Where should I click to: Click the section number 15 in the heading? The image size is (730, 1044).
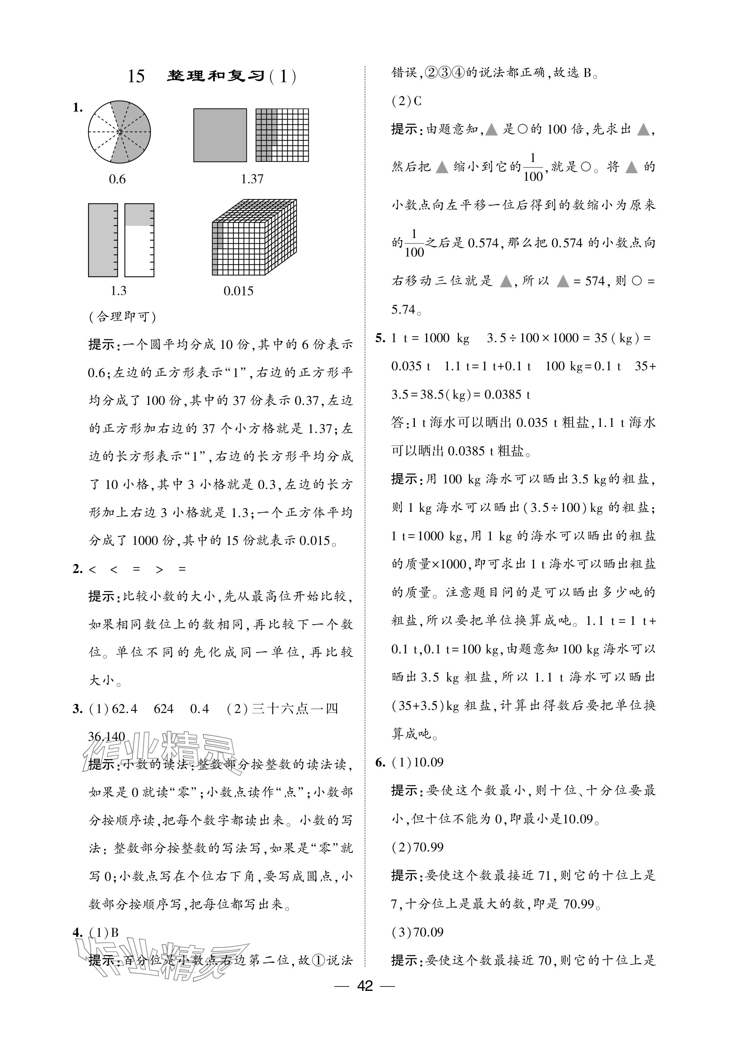coord(136,76)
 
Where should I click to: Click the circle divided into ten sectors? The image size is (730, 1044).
coord(119,132)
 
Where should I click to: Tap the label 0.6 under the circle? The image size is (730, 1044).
coord(117,179)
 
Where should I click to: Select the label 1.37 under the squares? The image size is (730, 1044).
coord(252,179)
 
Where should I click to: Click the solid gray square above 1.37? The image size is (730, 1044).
coord(220,135)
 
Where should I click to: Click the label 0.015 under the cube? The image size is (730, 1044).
coord(238,291)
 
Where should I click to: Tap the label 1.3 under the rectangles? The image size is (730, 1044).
coord(119,291)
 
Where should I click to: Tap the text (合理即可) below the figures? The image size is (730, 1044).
coord(122,317)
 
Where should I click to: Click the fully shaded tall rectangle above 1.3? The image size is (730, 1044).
coord(103,240)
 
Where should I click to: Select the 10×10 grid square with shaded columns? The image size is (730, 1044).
coord(282,135)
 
